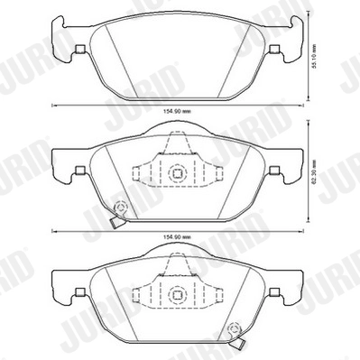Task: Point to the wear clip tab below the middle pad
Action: pyautogui.click(x=115, y=225)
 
